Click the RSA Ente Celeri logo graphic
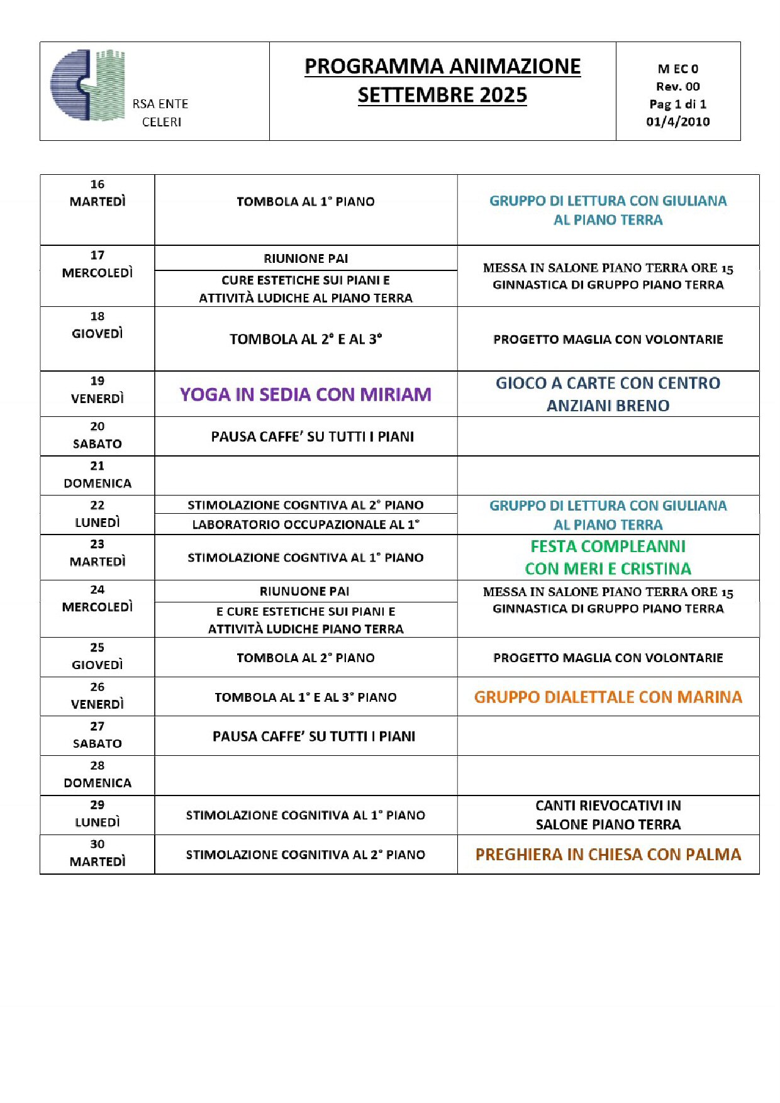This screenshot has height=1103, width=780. (88, 85)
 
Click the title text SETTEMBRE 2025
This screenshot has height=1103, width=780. (442, 95)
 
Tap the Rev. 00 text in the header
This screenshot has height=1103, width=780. (677, 86)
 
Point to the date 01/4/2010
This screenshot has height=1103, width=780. (677, 121)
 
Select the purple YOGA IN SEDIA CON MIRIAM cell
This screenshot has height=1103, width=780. (306, 394)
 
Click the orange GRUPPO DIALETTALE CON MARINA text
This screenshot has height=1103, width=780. (608, 697)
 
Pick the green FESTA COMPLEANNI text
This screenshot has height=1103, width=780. (608, 546)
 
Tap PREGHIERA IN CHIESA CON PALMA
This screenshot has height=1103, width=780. (608, 855)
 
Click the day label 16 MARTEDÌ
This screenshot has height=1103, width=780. (97, 193)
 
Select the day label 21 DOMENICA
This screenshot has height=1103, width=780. (97, 475)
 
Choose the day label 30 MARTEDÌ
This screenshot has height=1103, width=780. (97, 853)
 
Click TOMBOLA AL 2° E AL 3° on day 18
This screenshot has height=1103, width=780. (306, 339)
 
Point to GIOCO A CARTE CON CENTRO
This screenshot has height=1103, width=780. (608, 383)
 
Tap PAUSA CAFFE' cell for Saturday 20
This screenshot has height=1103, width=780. (312, 436)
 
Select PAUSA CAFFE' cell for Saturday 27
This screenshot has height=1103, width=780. (313, 736)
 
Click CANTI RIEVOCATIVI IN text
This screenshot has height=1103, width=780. (608, 806)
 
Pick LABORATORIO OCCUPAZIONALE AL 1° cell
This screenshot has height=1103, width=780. (306, 524)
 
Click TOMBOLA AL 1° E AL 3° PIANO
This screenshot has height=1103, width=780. (306, 697)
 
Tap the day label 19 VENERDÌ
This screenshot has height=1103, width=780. (97, 390)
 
